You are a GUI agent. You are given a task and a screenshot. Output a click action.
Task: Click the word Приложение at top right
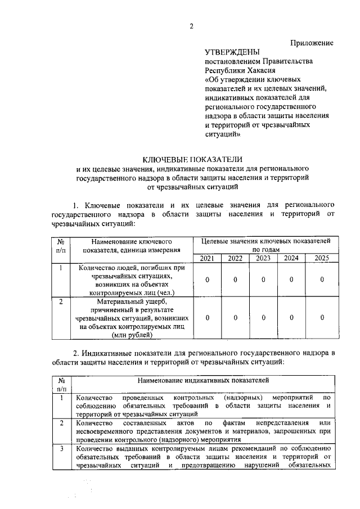point(312,43)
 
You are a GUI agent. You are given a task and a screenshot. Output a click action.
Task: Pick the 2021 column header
point(208,258)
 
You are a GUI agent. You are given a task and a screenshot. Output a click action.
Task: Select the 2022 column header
point(235,258)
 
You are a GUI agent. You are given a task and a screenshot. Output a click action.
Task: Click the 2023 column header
point(263,258)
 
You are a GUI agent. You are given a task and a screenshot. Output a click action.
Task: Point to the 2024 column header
point(291,258)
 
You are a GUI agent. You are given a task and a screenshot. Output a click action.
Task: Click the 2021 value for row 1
point(208,280)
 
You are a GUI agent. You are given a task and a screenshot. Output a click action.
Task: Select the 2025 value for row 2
point(322,318)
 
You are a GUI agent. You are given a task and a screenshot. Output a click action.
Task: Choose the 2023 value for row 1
point(263,280)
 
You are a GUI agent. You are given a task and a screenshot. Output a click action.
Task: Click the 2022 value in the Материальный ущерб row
point(235,318)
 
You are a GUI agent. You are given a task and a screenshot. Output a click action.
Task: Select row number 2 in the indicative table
point(61,422)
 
